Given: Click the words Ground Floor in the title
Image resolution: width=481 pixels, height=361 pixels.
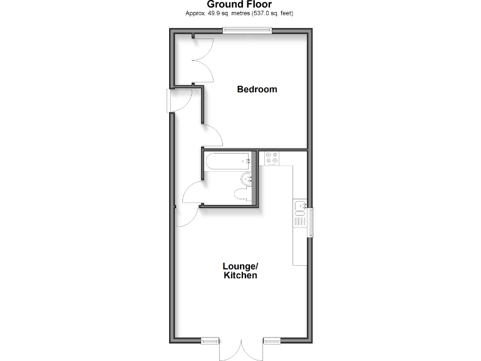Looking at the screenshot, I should point(240,4).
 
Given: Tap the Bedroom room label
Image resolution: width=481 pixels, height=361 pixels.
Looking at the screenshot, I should point(257,90).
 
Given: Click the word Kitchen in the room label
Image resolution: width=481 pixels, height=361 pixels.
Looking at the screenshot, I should point(240,275).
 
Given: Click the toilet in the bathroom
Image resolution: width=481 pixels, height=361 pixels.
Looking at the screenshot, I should point(241,194).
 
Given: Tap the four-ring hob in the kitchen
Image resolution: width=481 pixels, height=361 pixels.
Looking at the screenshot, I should point(272,159).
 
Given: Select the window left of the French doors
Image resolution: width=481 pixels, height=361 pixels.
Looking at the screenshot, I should point(210,340).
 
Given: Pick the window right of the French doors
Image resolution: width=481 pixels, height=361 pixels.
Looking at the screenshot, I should point(272,340).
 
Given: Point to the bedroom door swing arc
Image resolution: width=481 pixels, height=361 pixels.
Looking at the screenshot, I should point(213,135).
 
